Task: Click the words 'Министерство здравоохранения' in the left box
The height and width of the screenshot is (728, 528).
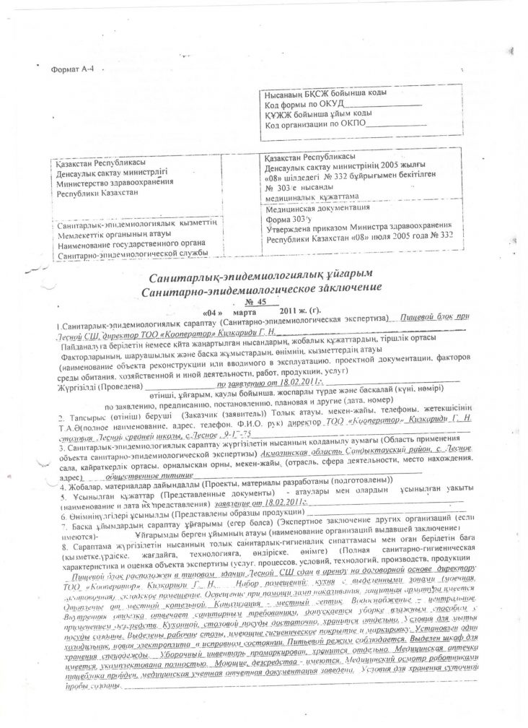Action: pos(105,183)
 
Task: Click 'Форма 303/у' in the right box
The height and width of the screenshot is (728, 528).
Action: pos(287,217)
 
